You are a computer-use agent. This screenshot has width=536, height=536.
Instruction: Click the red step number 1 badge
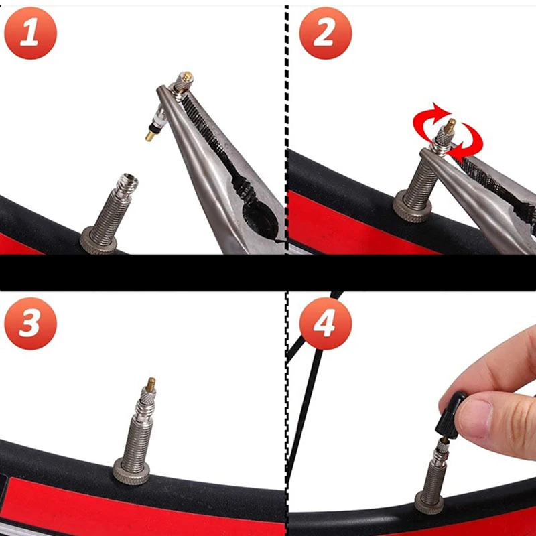coord(30,33)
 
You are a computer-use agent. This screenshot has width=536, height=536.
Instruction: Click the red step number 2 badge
coord(326,33)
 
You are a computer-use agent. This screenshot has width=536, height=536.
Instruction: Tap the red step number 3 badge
coord(30,324)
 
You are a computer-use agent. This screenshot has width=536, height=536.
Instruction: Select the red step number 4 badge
coord(326,324)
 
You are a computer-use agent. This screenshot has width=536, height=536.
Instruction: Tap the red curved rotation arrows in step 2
coord(448,132)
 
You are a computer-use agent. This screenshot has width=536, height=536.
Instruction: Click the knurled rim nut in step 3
coord(131,472)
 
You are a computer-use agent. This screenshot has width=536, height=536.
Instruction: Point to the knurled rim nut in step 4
coord(429,503)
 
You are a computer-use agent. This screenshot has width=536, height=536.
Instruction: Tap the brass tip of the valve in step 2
coord(450,125)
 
